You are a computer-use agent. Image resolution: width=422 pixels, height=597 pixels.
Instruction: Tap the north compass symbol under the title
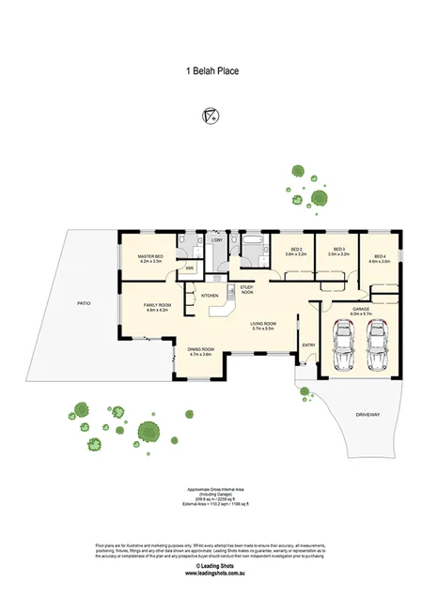(x=211, y=115)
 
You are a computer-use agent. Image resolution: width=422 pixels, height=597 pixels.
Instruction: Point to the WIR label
(x=189, y=268)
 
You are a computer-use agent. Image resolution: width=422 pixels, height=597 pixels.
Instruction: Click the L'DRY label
(x=216, y=240)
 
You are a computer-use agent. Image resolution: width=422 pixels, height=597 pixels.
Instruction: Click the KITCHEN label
(x=211, y=297)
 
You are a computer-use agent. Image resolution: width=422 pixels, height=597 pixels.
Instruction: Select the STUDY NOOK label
(x=246, y=289)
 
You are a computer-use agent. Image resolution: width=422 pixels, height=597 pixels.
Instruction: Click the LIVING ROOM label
(x=262, y=326)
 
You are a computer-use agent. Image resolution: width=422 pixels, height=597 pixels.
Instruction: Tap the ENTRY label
(x=307, y=345)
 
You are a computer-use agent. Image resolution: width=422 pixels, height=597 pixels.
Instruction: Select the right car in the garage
(x=378, y=344)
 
